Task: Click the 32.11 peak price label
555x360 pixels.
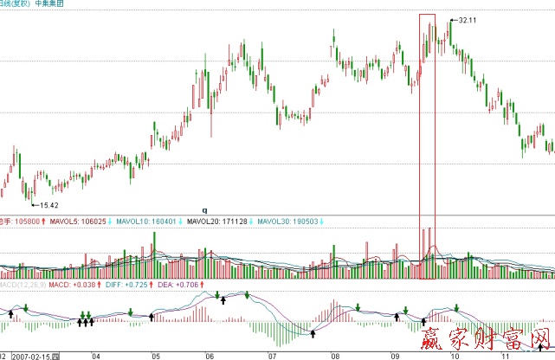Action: [468, 20]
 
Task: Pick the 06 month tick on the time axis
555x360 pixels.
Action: [210, 355]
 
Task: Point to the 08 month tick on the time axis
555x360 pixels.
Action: [334, 355]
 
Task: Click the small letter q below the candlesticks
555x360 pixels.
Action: [205, 210]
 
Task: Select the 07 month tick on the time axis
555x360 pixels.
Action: [272, 355]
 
